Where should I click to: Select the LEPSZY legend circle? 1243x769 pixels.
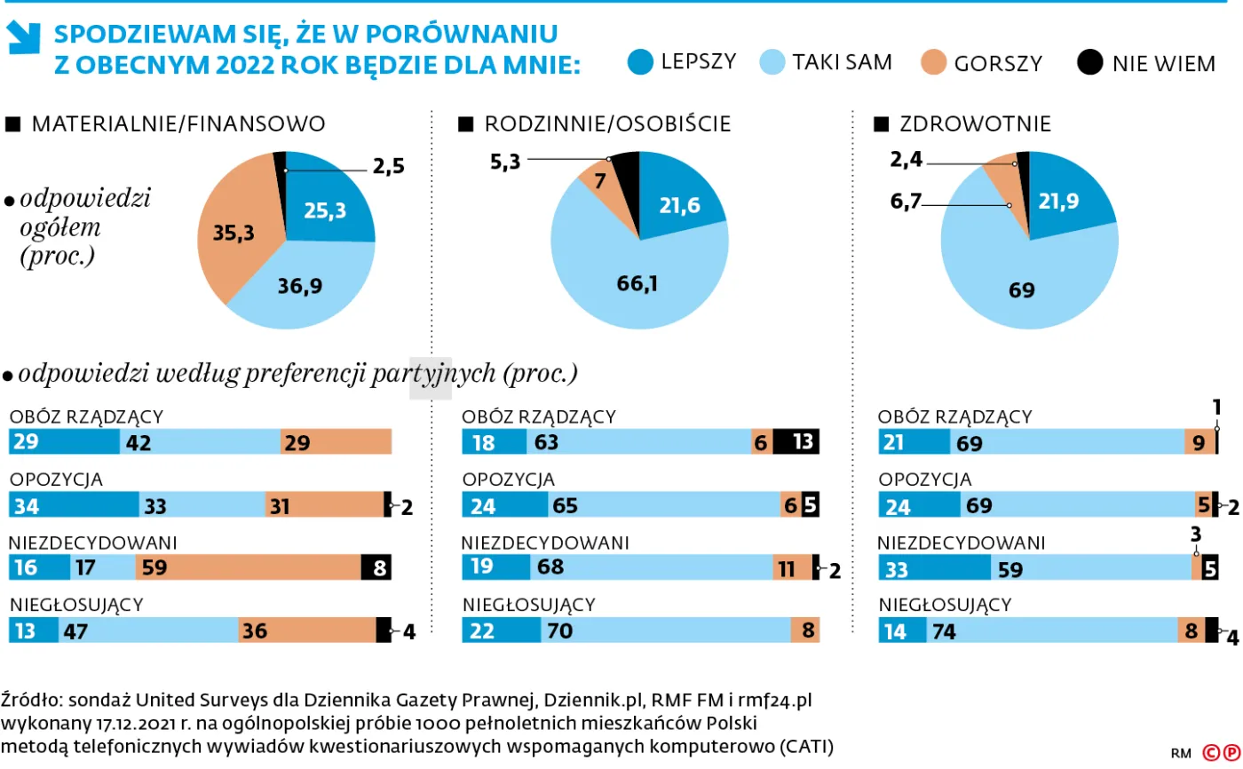click(639, 62)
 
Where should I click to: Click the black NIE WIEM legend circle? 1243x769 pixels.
click(1089, 63)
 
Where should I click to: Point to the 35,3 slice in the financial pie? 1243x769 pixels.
click(233, 233)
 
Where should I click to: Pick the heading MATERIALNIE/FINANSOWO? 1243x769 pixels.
click(178, 124)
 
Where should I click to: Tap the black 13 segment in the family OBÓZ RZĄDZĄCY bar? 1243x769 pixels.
click(796, 442)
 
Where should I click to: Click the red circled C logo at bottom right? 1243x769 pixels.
click(1210, 753)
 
